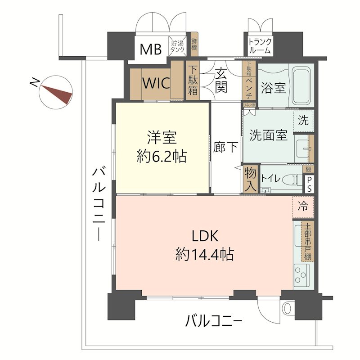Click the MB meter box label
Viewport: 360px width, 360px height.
pos(150,49)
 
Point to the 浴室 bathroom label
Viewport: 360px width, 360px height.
pos(273,87)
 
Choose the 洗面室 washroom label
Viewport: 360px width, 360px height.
pos(269,135)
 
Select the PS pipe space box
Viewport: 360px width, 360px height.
pos(310,184)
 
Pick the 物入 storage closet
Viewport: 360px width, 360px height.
pos(251,179)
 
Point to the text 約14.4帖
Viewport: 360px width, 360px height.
pos(205,255)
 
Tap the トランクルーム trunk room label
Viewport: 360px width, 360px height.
pos(260,46)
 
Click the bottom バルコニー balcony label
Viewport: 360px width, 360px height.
pos(214,321)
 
